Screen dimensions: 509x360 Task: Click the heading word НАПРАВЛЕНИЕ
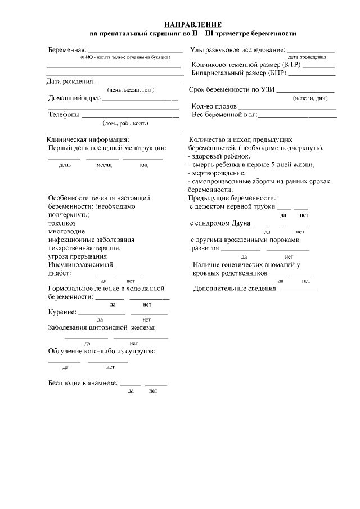click(x=193, y=25)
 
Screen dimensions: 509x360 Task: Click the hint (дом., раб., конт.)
click(x=125, y=123)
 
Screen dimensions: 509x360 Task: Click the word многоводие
click(x=66, y=231)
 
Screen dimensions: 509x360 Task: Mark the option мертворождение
click(x=215, y=173)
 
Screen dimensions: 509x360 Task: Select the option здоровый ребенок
click(x=219, y=156)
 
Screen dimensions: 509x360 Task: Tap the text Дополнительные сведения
click(x=235, y=289)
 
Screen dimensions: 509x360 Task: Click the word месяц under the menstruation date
click(x=104, y=165)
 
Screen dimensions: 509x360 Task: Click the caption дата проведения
click(x=306, y=57)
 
